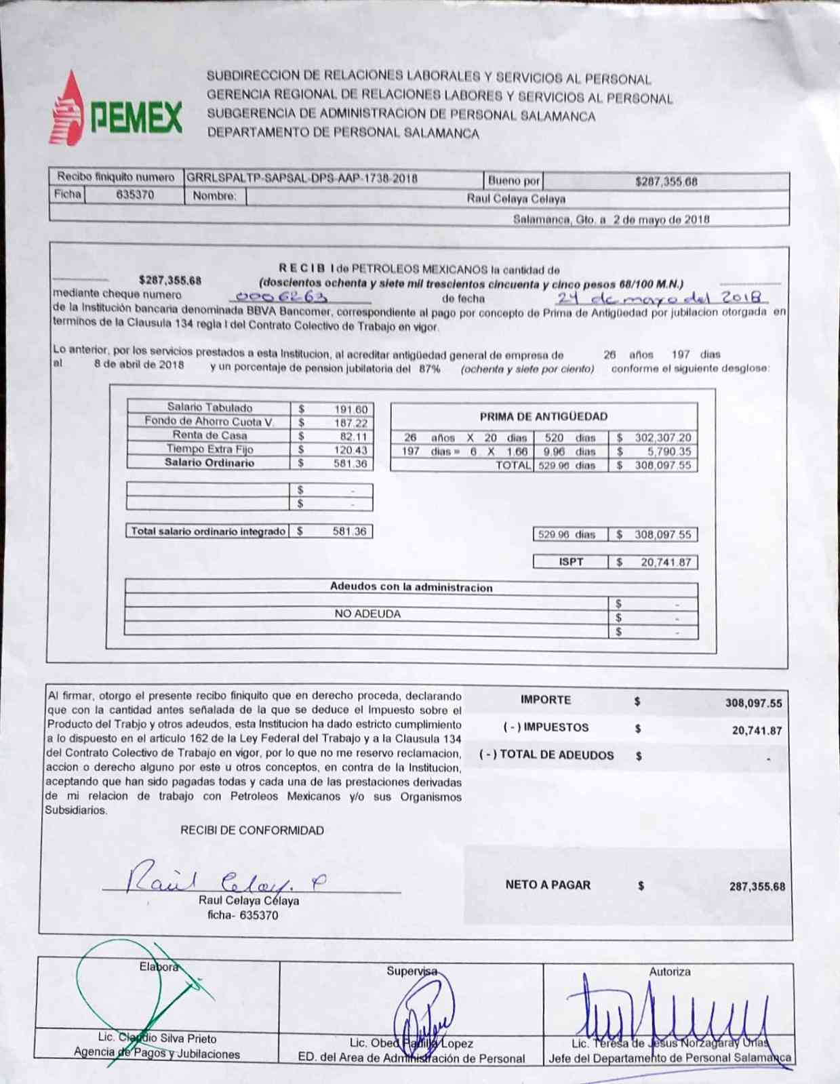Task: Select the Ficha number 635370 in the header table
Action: click(x=135, y=195)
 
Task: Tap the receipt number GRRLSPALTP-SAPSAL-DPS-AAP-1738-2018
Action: click(x=302, y=179)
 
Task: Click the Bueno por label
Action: click(x=514, y=181)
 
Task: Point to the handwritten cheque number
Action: click(x=281, y=297)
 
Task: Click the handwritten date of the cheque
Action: click(x=662, y=298)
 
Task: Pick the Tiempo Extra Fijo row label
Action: click(x=209, y=449)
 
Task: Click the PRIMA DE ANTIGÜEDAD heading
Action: click(x=543, y=416)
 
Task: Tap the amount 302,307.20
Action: click(x=662, y=438)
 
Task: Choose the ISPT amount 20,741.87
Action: click(x=665, y=562)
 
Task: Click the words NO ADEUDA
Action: click(x=367, y=614)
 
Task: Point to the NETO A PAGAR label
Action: click(x=548, y=885)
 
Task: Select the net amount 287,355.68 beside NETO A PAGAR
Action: click(x=757, y=887)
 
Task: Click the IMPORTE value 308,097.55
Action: click(x=753, y=703)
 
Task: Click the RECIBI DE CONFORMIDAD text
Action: click(x=252, y=830)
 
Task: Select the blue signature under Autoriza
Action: click(x=668, y=1011)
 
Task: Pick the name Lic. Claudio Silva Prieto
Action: click(x=157, y=1039)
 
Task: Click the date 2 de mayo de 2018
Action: click(x=660, y=220)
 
